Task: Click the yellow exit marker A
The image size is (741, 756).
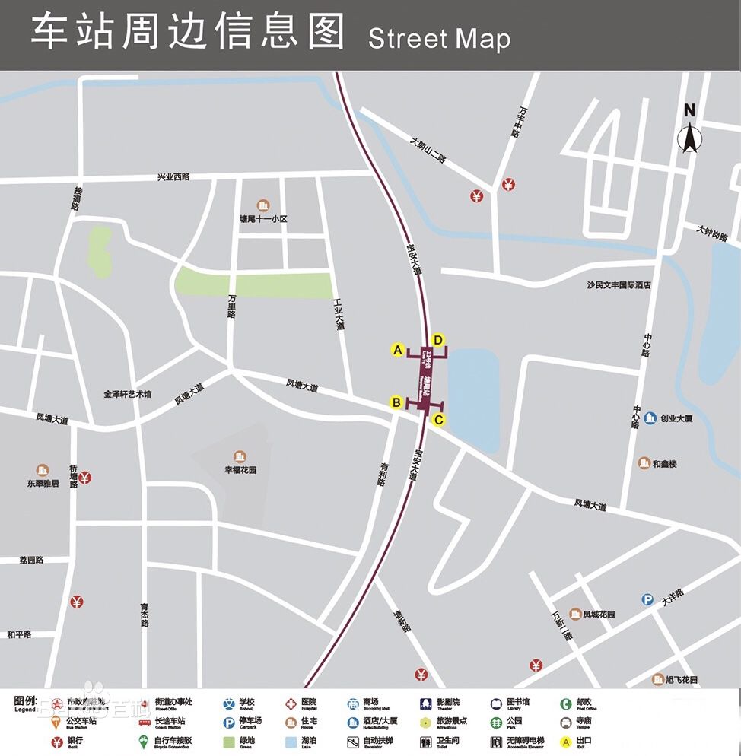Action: (396, 350)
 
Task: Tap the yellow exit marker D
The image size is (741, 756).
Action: (437, 340)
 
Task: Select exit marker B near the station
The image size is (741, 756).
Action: (396, 402)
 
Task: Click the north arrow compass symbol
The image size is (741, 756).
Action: (689, 130)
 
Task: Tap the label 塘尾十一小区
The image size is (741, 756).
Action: (263, 219)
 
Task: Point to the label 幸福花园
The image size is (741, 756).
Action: (240, 470)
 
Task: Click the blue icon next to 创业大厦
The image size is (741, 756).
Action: (650, 418)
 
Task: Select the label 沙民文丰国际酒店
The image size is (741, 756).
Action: (619, 285)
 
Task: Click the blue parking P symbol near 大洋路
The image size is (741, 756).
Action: (647, 600)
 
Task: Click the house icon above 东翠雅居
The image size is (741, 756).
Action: (43, 471)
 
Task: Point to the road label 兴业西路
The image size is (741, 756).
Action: (173, 176)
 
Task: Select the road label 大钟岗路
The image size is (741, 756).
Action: (712, 233)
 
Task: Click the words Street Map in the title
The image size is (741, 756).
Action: (439, 37)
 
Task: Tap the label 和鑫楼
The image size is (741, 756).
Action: (662, 463)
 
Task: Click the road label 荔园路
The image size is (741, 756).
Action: (32, 560)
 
